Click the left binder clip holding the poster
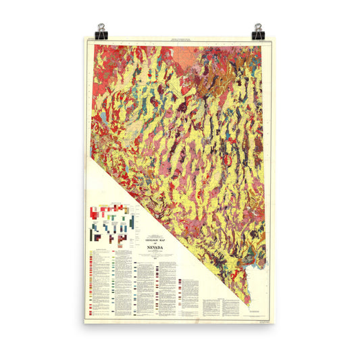(x=101, y=32)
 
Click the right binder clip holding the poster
(x=259, y=32)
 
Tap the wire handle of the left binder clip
(x=101, y=26)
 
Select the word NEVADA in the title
(x=157, y=249)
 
